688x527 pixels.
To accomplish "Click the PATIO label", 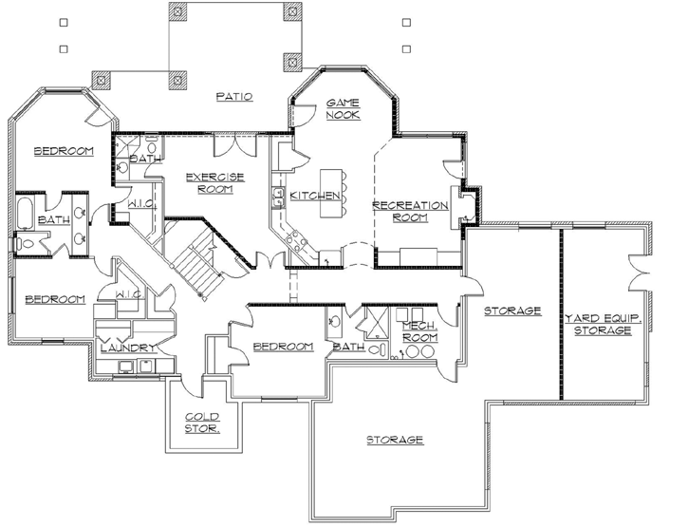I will (x=232, y=96).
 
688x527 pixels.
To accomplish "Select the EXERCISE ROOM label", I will (x=215, y=181).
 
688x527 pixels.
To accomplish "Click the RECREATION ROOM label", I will (x=410, y=211).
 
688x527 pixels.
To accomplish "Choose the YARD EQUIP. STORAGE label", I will (x=603, y=324).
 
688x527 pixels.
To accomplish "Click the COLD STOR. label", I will (x=202, y=423).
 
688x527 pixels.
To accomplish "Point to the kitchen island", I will (x=333, y=189).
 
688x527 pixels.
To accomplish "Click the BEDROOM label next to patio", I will (x=63, y=152).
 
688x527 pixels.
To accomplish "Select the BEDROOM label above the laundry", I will (x=54, y=299).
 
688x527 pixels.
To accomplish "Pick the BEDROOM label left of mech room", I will (x=284, y=347).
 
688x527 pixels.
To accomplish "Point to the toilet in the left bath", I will (x=27, y=244).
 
